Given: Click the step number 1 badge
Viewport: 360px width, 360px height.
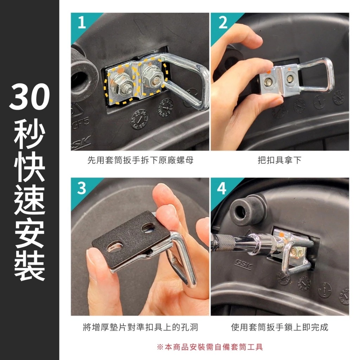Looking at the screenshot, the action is pyautogui.click(x=82, y=23).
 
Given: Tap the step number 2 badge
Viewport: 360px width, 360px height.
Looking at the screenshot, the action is pyautogui.click(x=223, y=22).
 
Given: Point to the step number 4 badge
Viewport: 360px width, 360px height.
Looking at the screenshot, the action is pyautogui.click(x=221, y=188).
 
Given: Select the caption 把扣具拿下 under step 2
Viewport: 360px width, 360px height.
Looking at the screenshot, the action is pyautogui.click(x=279, y=160).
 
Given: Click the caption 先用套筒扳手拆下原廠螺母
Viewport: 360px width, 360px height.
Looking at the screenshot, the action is pyautogui.click(x=140, y=160).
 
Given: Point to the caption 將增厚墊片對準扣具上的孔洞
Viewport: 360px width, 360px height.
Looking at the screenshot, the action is pyautogui.click(x=140, y=327).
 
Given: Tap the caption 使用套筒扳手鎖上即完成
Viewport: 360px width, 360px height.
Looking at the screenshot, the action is pyautogui.click(x=279, y=327).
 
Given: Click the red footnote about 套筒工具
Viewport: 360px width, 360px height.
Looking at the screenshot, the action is pyautogui.click(x=210, y=347).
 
